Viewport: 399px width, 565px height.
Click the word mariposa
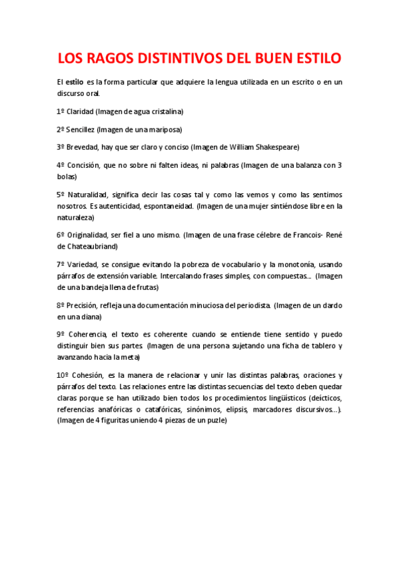click(x=166, y=129)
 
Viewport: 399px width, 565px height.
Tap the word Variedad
click(x=83, y=265)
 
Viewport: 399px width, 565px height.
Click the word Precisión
click(x=82, y=305)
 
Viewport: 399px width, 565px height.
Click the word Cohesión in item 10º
click(x=88, y=375)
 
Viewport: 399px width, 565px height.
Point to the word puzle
click(x=215, y=420)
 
